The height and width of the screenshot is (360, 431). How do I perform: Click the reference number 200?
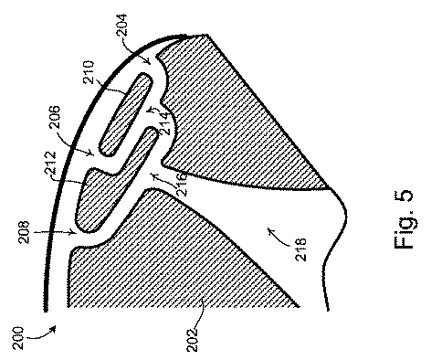[x=18, y=338]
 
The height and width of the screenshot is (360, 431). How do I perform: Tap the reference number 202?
[x=192, y=340]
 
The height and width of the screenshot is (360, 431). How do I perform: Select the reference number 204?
[x=122, y=26]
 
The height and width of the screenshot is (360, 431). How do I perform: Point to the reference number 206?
[x=55, y=117]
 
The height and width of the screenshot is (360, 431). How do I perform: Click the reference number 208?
[x=24, y=232]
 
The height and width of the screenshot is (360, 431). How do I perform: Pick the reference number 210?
[x=89, y=72]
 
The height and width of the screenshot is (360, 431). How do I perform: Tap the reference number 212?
[x=50, y=164]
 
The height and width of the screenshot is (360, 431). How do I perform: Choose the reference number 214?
[x=163, y=123]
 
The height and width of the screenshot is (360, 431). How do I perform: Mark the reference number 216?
[x=183, y=184]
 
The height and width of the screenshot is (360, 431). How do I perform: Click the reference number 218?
[x=301, y=249]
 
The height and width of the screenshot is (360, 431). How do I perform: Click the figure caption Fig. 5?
[x=404, y=219]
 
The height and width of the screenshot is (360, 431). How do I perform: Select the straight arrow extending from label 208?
[x=55, y=233]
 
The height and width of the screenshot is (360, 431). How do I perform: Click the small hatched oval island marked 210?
[x=125, y=115]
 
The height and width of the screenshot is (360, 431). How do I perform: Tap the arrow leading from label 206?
[x=76, y=143]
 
